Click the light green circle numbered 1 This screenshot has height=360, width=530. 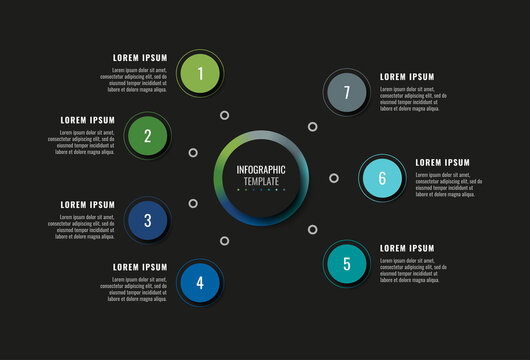pyautogui.click(x=201, y=73)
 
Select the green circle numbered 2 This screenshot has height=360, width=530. pyautogui.click(x=147, y=136)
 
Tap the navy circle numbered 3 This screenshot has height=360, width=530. pyautogui.click(x=147, y=220)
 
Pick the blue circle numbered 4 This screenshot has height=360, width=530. pyautogui.click(x=200, y=283)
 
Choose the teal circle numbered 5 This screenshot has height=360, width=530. pyautogui.click(x=347, y=264)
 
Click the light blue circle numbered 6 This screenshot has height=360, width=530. pyautogui.click(x=382, y=178)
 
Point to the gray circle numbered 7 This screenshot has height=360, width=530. pyautogui.click(x=346, y=93)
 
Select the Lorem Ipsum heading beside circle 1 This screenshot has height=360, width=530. pyautogui.click(x=140, y=58)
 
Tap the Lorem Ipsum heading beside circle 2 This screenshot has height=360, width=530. pyautogui.click(x=88, y=120)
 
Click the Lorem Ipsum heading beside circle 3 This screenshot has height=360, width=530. pyautogui.click(x=88, y=205)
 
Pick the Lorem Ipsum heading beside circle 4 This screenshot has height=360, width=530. pyautogui.click(x=140, y=268)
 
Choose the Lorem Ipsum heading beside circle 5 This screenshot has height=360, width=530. pyautogui.click(x=407, y=248)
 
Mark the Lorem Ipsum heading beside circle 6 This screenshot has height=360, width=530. pyautogui.click(x=442, y=162)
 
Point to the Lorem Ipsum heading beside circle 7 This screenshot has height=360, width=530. pyautogui.click(x=407, y=77)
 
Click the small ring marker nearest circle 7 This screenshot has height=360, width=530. pyautogui.click(x=312, y=127)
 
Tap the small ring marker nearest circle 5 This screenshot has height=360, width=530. pyautogui.click(x=312, y=229)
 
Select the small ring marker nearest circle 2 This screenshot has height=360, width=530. pyautogui.click(x=193, y=153)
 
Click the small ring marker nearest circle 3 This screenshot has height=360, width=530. pyautogui.click(x=193, y=204)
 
